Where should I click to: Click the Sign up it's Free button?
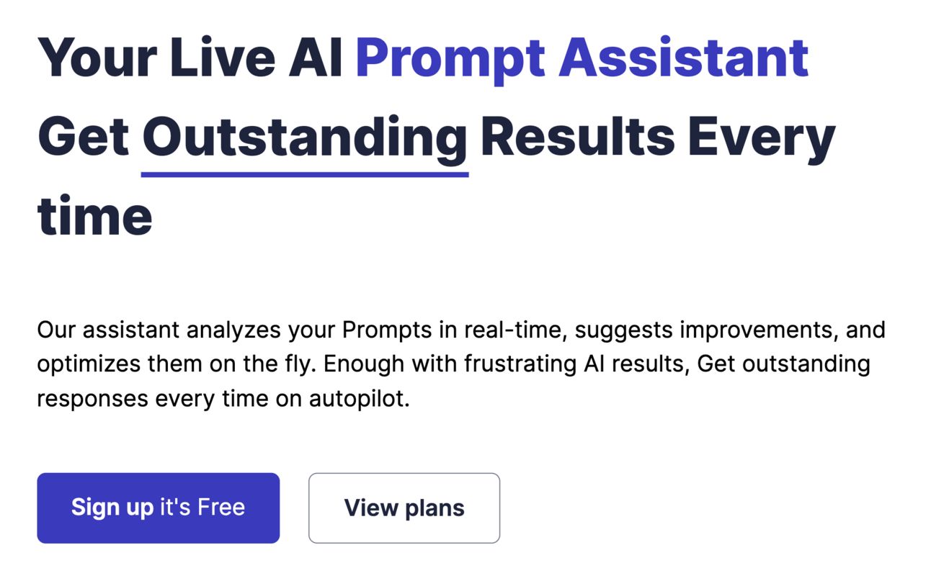pyautogui.click(x=159, y=508)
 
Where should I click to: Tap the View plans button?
pyautogui.click(x=404, y=508)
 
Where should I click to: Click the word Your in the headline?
pyautogui.click(x=97, y=58)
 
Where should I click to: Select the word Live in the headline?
pyautogui.click(x=223, y=58)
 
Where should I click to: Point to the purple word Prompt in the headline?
pyautogui.click(x=450, y=61)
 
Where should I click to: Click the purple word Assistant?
pyautogui.click(x=684, y=58)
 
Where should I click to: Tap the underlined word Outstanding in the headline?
pyautogui.click(x=305, y=140)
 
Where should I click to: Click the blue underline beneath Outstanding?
pyautogui.click(x=305, y=174)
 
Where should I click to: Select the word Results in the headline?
pyautogui.click(x=577, y=136)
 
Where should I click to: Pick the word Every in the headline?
pyautogui.click(x=761, y=140)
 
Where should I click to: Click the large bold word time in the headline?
pyautogui.click(x=95, y=216)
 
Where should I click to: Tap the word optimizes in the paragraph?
pyautogui.click(x=89, y=366)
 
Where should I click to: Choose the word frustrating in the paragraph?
pyautogui.click(x=520, y=366)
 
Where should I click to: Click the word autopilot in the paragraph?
pyautogui.click(x=359, y=400)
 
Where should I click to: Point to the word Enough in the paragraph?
pyautogui.click(x=364, y=366)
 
